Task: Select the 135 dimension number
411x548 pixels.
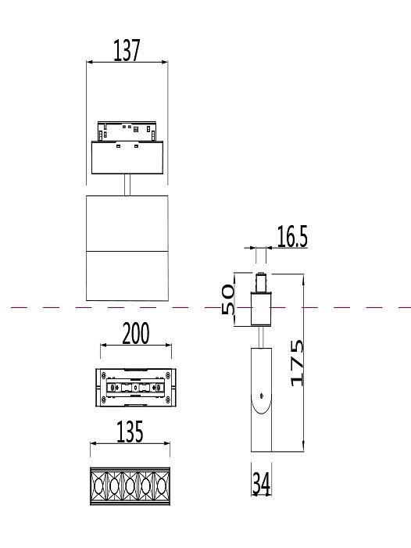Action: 129,432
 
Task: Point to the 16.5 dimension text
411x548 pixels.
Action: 291,238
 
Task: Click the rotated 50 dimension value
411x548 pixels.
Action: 229,299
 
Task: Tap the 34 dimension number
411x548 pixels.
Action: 260,485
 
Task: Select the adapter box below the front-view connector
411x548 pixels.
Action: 127,159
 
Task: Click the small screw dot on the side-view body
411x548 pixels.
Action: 262,394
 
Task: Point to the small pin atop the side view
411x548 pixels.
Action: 261,281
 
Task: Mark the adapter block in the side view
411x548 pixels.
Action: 261,309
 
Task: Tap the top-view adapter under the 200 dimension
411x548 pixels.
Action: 136,387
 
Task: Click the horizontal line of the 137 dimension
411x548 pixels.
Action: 127,63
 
